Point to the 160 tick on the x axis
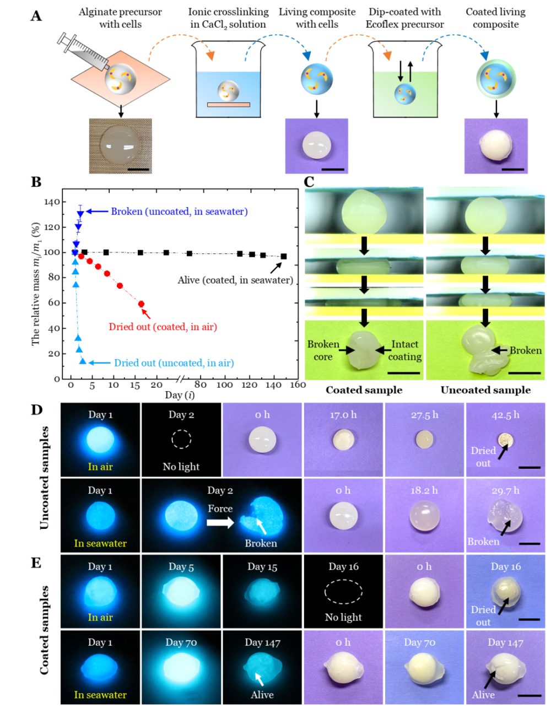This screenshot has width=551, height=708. tap(298, 385)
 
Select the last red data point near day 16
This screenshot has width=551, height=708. tap(141, 304)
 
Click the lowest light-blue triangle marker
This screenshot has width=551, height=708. tap(83, 361)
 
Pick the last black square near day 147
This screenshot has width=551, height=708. tap(284, 256)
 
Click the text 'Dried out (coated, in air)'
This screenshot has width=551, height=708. tap(163, 327)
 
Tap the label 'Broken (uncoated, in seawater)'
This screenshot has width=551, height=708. tap(179, 212)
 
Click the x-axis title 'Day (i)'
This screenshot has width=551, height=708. tap(180, 395)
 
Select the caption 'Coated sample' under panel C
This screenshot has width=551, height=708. tap(364, 390)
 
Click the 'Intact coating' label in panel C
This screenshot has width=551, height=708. tap(406, 350)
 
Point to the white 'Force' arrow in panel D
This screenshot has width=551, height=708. tap(220, 522)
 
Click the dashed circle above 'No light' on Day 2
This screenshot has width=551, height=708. tap(181, 440)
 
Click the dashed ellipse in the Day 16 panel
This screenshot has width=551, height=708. tap(343, 591)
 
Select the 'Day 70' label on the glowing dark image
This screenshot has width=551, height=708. tap(181, 642)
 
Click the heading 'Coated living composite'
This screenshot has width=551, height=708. tap(495, 18)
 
